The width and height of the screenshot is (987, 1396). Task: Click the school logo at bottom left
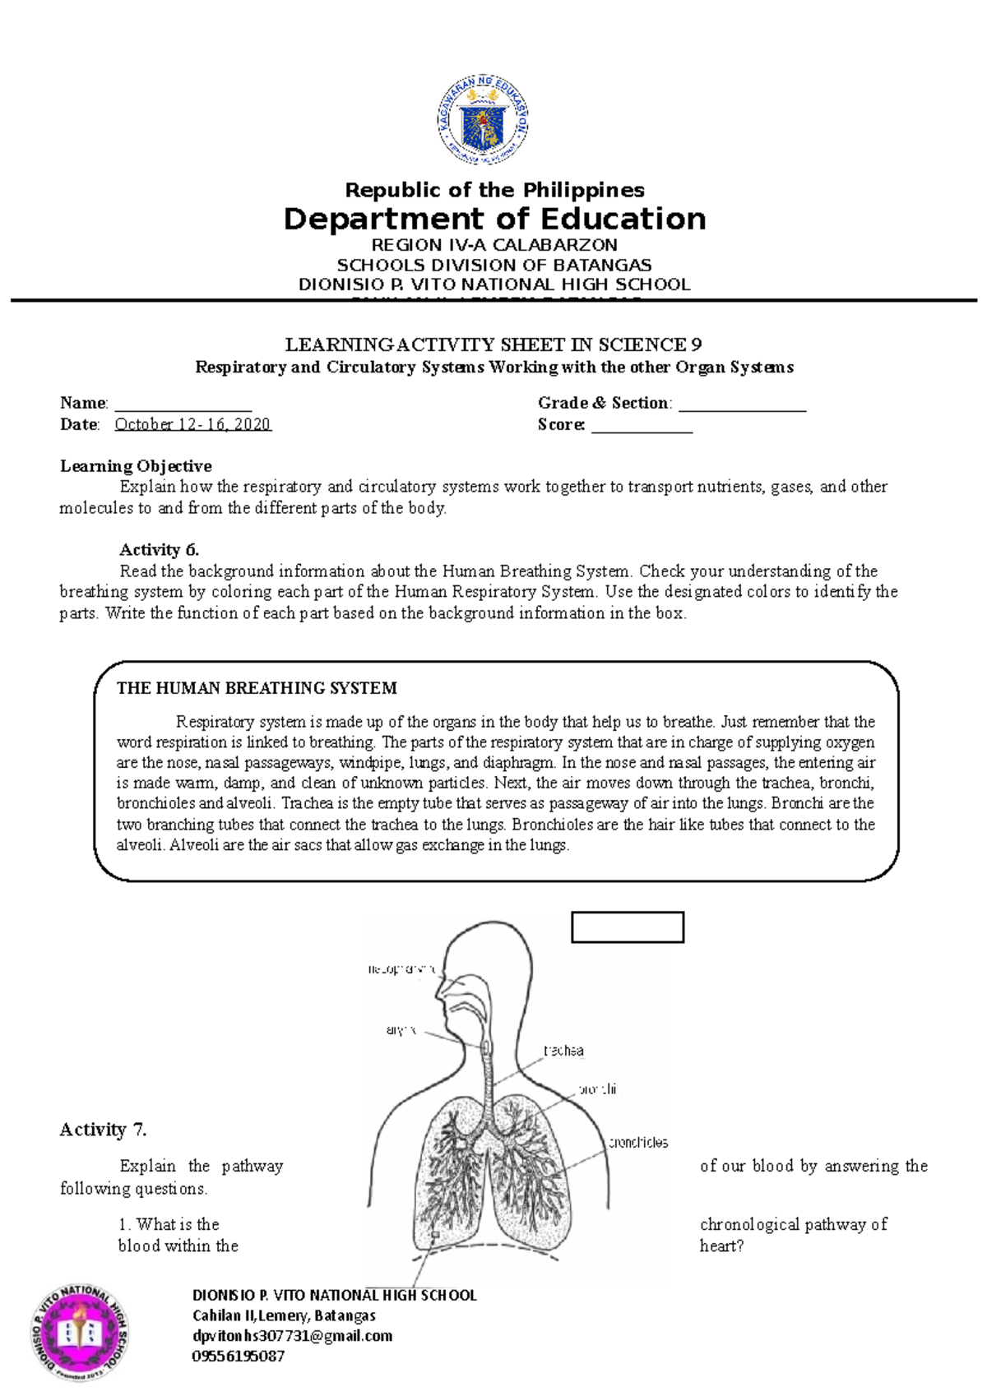pyautogui.click(x=81, y=1332)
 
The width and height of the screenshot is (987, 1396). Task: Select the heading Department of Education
pyautogui.click(x=494, y=219)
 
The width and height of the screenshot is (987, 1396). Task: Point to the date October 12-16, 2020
pyautogui.click(x=192, y=424)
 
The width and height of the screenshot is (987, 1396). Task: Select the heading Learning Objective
pyautogui.click(x=136, y=466)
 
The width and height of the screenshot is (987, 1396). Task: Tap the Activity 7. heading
pyautogui.click(x=103, y=1130)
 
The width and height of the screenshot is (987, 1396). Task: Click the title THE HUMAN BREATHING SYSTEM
pyautogui.click(x=257, y=688)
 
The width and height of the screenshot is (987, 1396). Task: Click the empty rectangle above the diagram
pyautogui.click(x=628, y=927)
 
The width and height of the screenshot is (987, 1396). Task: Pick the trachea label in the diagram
pyautogui.click(x=563, y=1051)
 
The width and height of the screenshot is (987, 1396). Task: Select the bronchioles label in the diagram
pyautogui.click(x=638, y=1143)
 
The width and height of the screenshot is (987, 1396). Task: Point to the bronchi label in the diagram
pyautogui.click(x=598, y=1089)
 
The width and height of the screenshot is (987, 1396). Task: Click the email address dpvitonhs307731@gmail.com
pyautogui.click(x=292, y=1336)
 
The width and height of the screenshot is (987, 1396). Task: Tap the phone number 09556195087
pyautogui.click(x=239, y=1357)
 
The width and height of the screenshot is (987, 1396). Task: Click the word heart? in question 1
pyautogui.click(x=721, y=1246)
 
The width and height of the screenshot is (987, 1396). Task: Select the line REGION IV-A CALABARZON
pyautogui.click(x=494, y=245)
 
